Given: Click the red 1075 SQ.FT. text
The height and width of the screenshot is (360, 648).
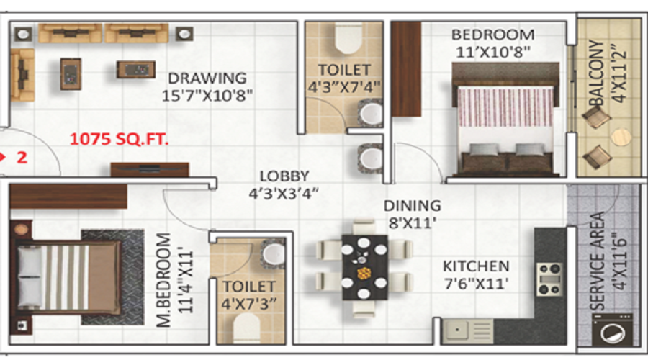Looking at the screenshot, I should click(x=120, y=138).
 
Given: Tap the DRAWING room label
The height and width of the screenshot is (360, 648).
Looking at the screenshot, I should click(x=207, y=78).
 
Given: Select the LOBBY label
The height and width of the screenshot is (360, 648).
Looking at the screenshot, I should click(x=284, y=176).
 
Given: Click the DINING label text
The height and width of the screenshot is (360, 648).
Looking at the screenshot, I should click(x=412, y=206).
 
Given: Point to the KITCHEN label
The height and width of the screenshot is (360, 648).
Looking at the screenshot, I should click(x=476, y=266).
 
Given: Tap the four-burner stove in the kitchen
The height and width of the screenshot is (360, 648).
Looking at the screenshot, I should click(x=549, y=278).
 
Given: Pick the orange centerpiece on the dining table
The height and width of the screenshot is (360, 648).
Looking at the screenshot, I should click(x=364, y=273).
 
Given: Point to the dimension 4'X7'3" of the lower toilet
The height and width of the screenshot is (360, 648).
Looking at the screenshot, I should click(x=250, y=302).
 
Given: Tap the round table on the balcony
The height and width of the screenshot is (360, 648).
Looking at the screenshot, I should click(x=620, y=137).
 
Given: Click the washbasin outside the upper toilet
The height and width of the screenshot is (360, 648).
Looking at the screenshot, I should click(x=370, y=157).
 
